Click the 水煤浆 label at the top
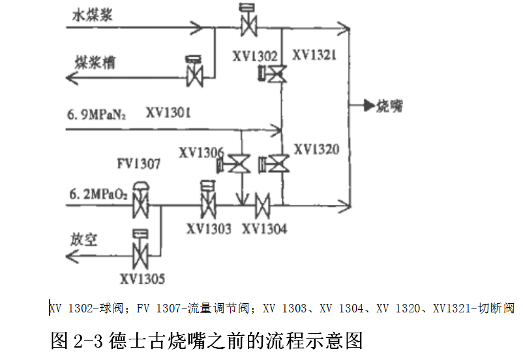click(93, 16)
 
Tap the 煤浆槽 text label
click(95, 63)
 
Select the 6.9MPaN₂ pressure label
click(97, 114)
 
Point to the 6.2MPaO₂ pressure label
click(98, 194)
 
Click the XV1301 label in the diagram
click(168, 112)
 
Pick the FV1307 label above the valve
click(139, 164)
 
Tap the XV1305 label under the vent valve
click(142, 279)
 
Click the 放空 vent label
click(83, 239)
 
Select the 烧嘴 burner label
click(389, 106)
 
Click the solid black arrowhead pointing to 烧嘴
click(370, 106)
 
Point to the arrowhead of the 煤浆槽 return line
click(72, 78)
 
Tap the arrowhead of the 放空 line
click(72, 256)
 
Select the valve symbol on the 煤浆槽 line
click(195, 71)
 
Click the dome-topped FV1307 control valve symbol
click(141, 200)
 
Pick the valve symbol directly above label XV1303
click(209, 200)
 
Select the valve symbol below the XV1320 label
click(274, 164)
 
